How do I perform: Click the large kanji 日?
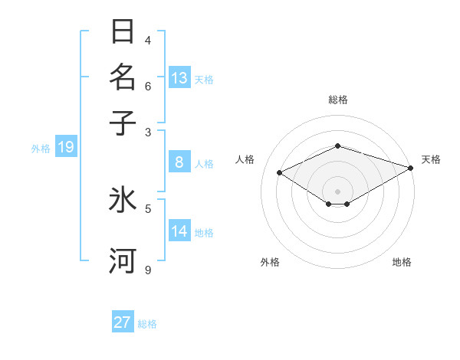pyautogui.click(x=123, y=33)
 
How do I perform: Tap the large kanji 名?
pyautogui.click(x=123, y=78)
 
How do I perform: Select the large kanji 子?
pyautogui.click(x=123, y=123)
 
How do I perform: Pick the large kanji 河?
pyautogui.click(x=123, y=260)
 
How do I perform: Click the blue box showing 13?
pyautogui.click(x=179, y=78)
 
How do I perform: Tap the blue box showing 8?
pyautogui.click(x=179, y=162)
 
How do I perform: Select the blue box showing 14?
pyautogui.click(x=179, y=231)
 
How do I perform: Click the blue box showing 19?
pyautogui.click(x=65, y=147)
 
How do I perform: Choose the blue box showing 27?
pyautogui.click(x=123, y=322)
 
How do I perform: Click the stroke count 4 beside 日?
pyautogui.click(x=148, y=40)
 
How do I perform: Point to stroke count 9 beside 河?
pyautogui.click(x=148, y=270)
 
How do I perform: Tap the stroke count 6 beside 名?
pyautogui.click(x=148, y=86)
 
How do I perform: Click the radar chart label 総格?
pyautogui.click(x=337, y=100)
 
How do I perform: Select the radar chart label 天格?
pyautogui.click(x=431, y=159)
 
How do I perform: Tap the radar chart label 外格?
pyautogui.click(x=270, y=262)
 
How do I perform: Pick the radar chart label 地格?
pyautogui.click(x=402, y=262)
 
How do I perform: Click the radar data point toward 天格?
pyautogui.click(x=411, y=167)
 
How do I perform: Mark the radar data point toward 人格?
pyautogui.click(x=280, y=173)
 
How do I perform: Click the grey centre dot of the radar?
pyautogui.click(x=337, y=191)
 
